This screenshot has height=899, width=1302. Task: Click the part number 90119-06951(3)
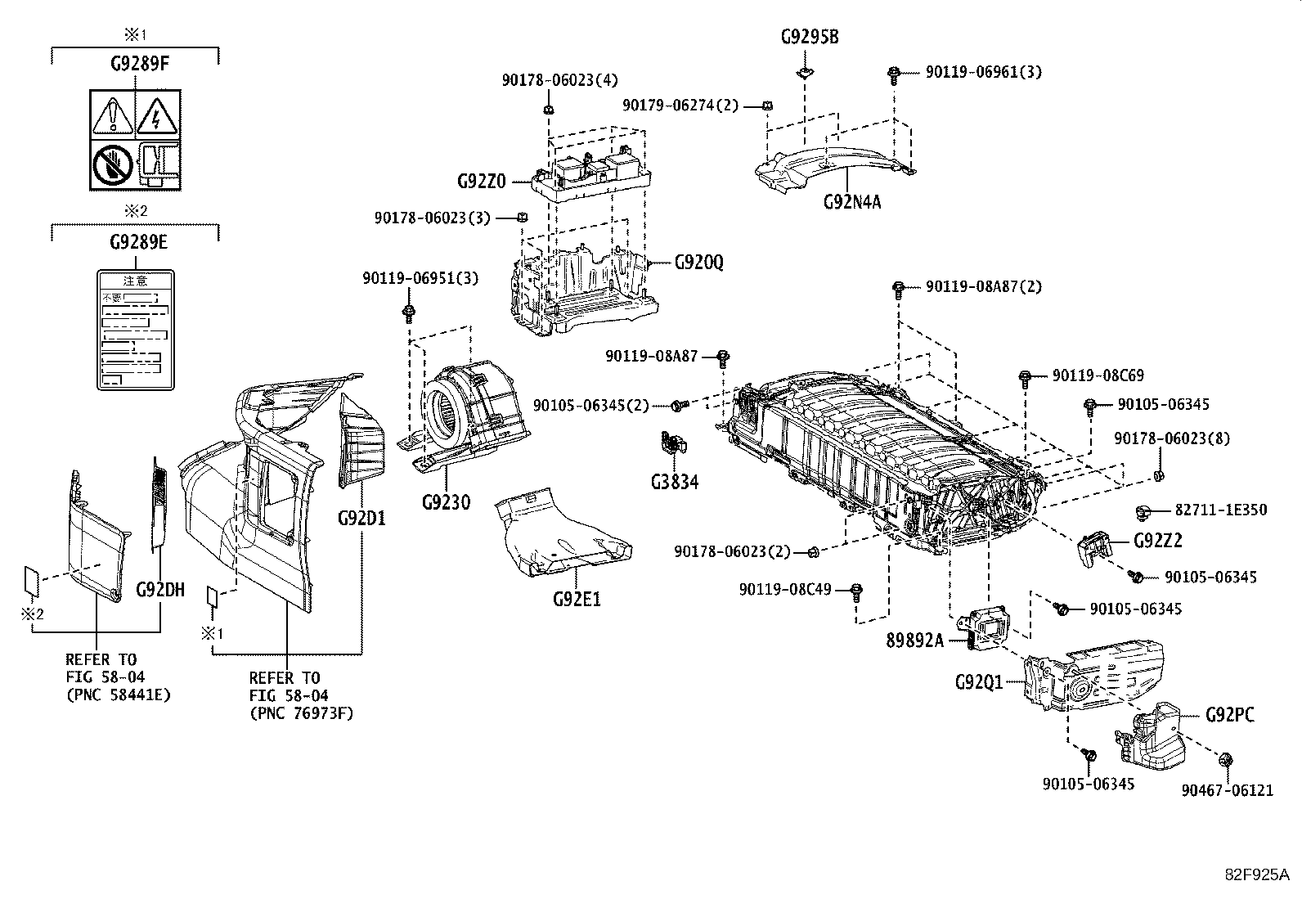tap(420, 279)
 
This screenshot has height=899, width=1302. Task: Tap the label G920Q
tap(699, 263)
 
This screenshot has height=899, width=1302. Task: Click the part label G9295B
tap(810, 38)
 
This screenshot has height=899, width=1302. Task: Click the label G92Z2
tap(1158, 542)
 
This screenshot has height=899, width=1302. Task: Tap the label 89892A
tap(914, 641)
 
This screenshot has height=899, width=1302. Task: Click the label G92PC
tap(1229, 714)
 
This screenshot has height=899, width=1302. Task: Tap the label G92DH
tap(160, 589)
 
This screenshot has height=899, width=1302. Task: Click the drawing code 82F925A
tap(1256, 874)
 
